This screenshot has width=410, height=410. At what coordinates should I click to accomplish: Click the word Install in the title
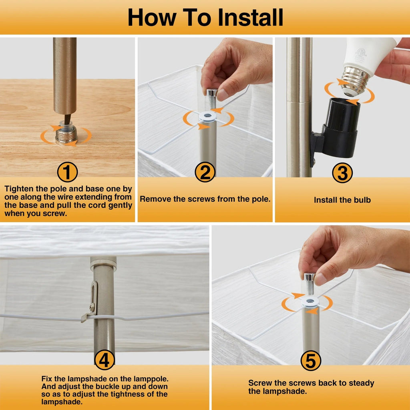pos(251,17)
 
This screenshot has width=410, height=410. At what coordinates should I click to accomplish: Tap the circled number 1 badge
pos(67,172)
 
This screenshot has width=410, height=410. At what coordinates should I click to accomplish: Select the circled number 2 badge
pos(205,172)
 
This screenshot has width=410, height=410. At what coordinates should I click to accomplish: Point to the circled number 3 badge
pos(342,173)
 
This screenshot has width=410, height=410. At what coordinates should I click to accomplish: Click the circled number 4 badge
pos(105,360)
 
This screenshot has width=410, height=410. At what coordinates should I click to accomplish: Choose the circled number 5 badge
pos(311,361)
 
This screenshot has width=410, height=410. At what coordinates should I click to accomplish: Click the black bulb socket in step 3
pos(336,129)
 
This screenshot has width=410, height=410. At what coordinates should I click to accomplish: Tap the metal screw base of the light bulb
pos(353,80)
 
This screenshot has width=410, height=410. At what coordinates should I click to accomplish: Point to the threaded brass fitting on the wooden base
pos(66,134)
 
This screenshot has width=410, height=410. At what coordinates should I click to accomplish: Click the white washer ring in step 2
pos(208,116)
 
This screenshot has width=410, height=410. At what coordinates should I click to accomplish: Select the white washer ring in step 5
pos(310,301)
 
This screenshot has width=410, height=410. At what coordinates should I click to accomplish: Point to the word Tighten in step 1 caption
pos(19,189)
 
